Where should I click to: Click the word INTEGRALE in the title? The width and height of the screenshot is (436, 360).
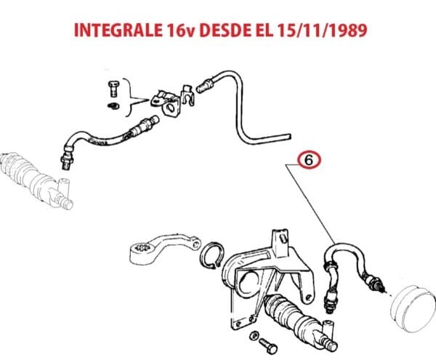click(x=118, y=31)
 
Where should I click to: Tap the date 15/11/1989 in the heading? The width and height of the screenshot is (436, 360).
click(x=322, y=31)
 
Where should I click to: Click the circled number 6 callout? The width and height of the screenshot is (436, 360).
click(x=310, y=161)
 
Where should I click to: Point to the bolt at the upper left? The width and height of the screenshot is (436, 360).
click(x=113, y=89)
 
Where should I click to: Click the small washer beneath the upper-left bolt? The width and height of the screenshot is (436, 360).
click(x=113, y=106)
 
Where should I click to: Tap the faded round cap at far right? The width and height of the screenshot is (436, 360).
click(x=413, y=308)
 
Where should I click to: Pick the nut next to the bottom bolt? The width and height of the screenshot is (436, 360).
click(x=254, y=335)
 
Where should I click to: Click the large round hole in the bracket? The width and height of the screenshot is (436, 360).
click(x=247, y=284)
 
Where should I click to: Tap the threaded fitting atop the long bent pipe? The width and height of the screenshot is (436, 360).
click(x=205, y=85)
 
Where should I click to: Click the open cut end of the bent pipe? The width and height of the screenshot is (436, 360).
click(x=289, y=137)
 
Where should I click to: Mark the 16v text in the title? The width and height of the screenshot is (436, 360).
click(x=180, y=31)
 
